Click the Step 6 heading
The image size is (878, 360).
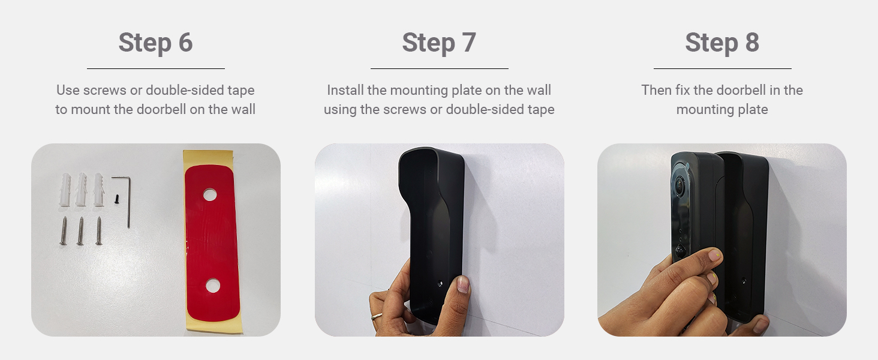point(155,43)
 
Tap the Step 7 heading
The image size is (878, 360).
point(439,43)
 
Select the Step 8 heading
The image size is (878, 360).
point(722,43)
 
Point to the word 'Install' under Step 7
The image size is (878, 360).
point(344,91)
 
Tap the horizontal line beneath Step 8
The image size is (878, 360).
point(722,68)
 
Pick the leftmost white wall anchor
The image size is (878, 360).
point(67,190)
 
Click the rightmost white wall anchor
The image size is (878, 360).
point(99,190)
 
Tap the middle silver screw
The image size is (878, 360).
point(80,231)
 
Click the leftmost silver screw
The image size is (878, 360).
point(64,231)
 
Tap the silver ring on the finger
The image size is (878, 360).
point(376,316)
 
